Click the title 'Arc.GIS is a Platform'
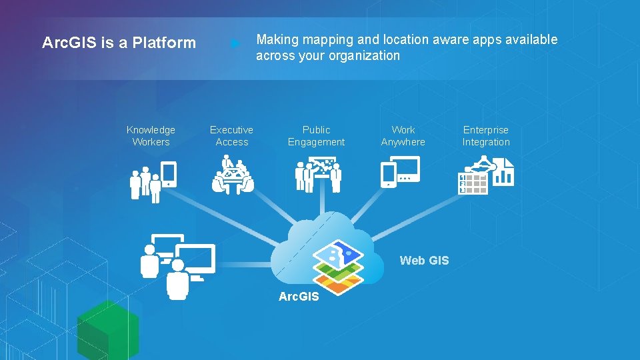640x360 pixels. pos(119,43)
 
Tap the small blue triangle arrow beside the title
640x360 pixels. pos(235,44)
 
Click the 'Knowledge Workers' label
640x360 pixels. pos(151,136)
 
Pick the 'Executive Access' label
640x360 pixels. pos(231,136)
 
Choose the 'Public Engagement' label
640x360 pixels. pos(316,136)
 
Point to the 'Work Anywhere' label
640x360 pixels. pos(403,136)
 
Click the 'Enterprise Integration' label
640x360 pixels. pos(485,136)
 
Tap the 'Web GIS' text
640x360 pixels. pos(424,261)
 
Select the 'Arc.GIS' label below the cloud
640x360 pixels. pos(299,297)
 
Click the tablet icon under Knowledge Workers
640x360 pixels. pos(169,174)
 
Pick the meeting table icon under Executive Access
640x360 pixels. pos(232,176)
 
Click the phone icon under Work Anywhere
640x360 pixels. pos(388,175)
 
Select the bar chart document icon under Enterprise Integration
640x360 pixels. pos(503,173)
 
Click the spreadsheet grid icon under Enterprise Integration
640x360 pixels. pos(473,183)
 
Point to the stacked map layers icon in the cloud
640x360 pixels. pos(338,266)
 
